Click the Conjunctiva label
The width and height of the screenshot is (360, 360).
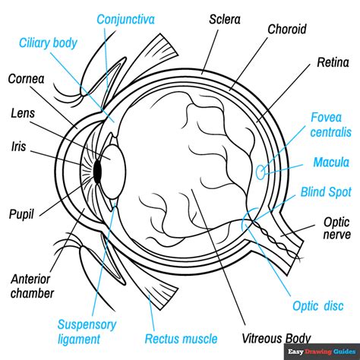(128, 17)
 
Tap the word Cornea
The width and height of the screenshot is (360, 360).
(25, 78)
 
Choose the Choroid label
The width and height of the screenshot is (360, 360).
(287, 29)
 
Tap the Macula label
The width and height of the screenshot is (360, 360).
(331, 163)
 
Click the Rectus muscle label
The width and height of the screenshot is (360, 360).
(182, 339)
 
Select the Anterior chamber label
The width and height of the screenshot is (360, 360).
(33, 284)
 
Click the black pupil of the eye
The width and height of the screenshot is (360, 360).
(97, 173)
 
